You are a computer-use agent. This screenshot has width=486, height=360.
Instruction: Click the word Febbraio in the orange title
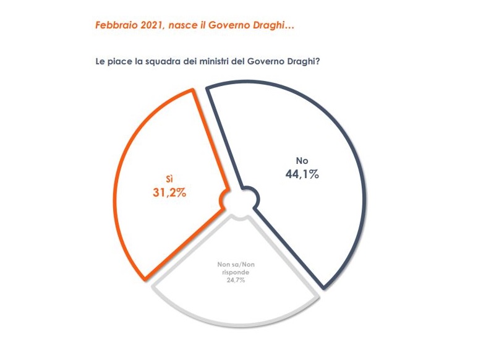tap(114, 26)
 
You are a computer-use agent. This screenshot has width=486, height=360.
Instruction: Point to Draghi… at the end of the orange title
tap(281, 26)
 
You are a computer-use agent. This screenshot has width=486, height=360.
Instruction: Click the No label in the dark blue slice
tap(302, 161)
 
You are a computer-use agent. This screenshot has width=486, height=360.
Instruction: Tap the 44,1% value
tap(302, 174)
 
